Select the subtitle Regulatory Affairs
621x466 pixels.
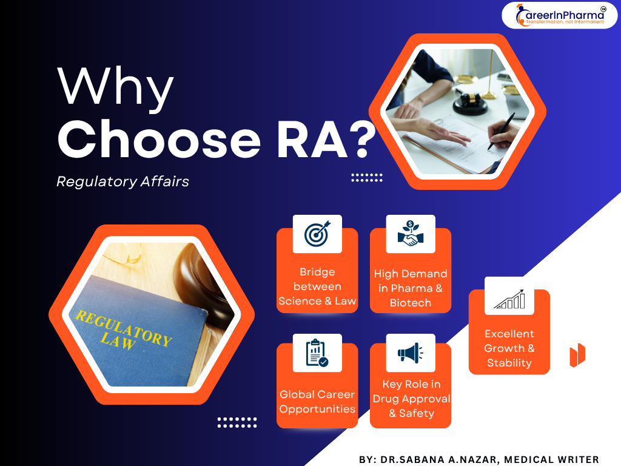point(123,181)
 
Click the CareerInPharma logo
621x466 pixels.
point(559,15)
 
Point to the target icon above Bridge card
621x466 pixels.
point(317,234)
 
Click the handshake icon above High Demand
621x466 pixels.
point(411,234)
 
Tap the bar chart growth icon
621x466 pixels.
point(509,299)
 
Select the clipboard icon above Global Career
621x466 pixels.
point(317,353)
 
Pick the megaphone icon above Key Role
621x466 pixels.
point(411,353)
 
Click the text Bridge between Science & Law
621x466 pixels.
point(317,286)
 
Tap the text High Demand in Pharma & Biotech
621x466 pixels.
point(411,288)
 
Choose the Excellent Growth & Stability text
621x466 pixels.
point(509,348)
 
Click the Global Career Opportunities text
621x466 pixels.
point(317,402)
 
